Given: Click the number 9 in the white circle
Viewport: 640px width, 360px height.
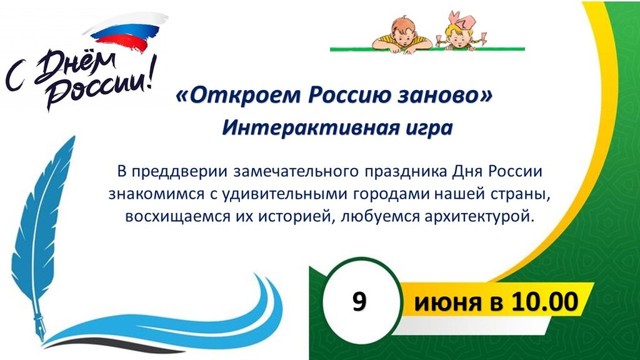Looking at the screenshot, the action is point(359,302).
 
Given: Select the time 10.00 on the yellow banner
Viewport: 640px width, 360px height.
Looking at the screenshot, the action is point(545,302).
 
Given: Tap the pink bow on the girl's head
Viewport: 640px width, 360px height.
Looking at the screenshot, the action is point(461,21).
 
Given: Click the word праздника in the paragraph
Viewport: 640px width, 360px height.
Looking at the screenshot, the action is point(405,172).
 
